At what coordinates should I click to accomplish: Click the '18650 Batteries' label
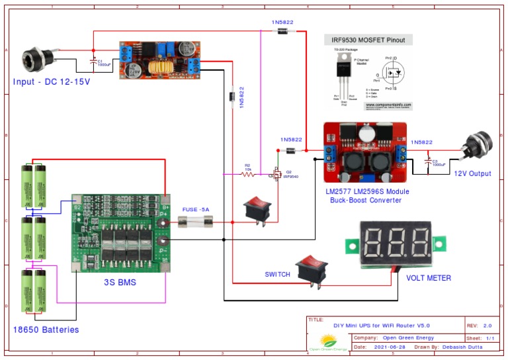[x=46, y=330]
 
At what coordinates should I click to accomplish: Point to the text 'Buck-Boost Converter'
[x=366, y=199]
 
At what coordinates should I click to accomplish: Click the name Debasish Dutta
[x=459, y=347]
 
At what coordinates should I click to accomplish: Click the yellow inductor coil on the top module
[x=159, y=67]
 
